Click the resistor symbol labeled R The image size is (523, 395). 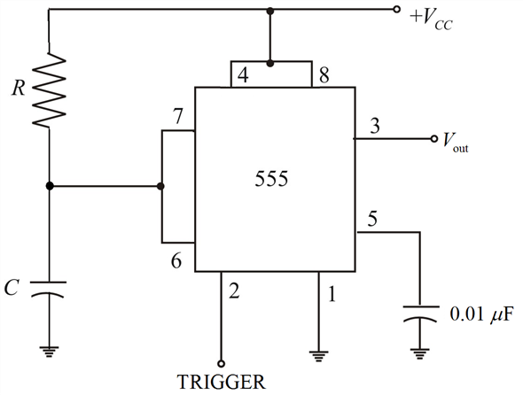pyautogui.click(x=50, y=89)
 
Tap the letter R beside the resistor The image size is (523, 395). pyautogui.click(x=19, y=89)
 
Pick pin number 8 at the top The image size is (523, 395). pyautogui.click(x=325, y=76)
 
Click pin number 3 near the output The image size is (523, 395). pyautogui.click(x=375, y=127)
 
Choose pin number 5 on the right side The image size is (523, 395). pyautogui.click(x=374, y=217)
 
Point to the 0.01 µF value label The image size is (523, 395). pyautogui.click(x=481, y=314)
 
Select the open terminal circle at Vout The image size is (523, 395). pyautogui.click(x=433, y=139)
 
